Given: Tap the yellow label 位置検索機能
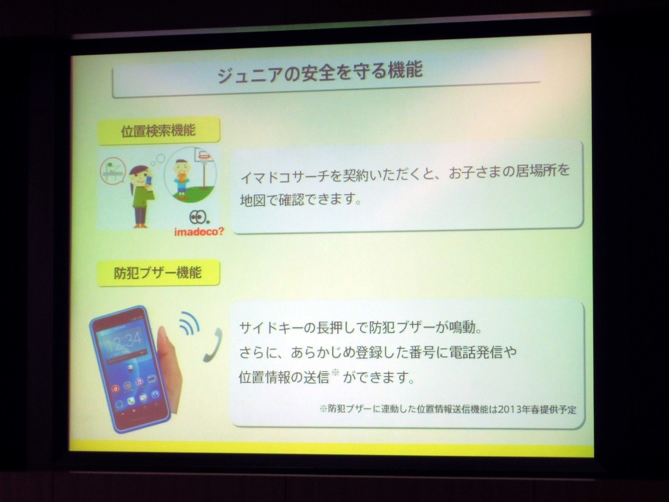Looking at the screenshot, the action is (x=159, y=130).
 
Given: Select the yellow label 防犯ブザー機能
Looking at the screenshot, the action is (x=158, y=273).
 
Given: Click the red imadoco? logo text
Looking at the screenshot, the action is (x=199, y=232).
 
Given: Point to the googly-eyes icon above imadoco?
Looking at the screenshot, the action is (x=199, y=217).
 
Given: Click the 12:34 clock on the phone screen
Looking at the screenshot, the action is (x=124, y=339).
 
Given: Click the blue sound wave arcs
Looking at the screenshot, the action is (x=190, y=323).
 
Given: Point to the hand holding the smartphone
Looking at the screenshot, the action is (x=169, y=367).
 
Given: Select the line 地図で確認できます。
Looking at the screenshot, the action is (x=301, y=199).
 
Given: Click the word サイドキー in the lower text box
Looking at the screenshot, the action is (x=270, y=328).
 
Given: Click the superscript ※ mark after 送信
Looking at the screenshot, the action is (x=335, y=373).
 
